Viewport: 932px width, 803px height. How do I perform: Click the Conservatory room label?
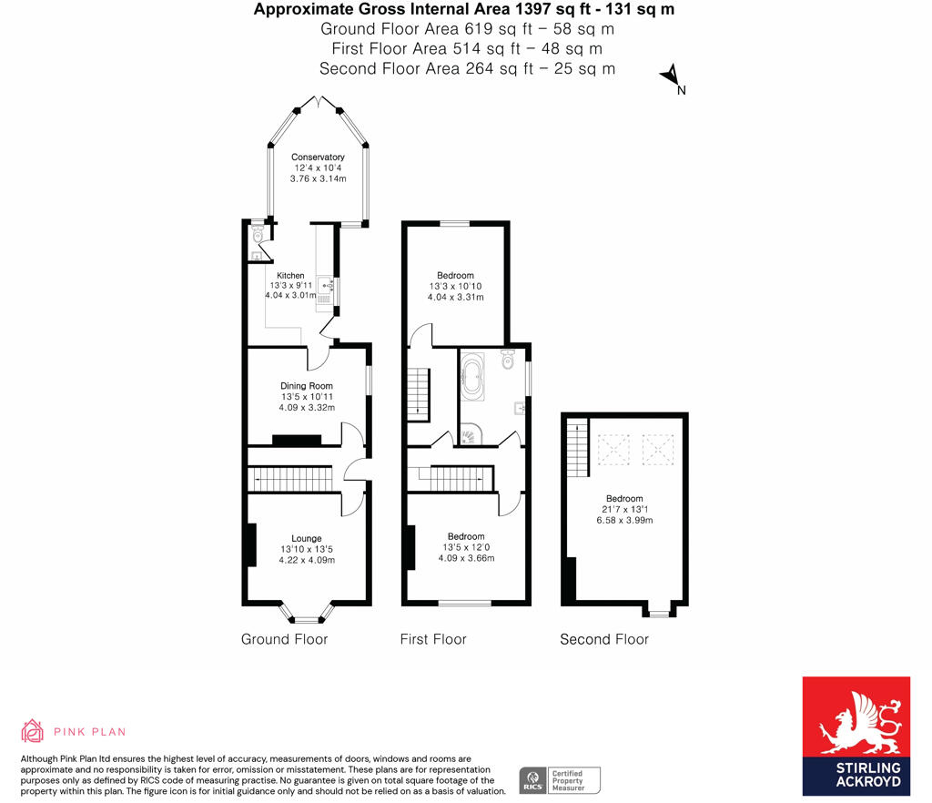click(x=318, y=158)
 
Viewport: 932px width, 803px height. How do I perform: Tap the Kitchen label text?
click(x=290, y=276)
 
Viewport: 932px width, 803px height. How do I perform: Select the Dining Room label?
click(x=306, y=386)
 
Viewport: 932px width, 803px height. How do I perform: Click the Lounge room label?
click(x=306, y=538)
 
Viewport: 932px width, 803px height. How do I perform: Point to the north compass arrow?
click(x=672, y=76)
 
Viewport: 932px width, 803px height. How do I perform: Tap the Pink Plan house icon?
click(x=33, y=731)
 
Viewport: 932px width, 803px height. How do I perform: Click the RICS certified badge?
click(x=559, y=780)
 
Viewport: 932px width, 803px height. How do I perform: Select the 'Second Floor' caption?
click(x=604, y=639)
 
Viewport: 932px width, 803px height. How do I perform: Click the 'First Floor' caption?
click(x=433, y=639)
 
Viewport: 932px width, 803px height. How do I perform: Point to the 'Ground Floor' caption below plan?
click(x=284, y=639)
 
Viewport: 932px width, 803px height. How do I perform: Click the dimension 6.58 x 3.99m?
click(x=624, y=520)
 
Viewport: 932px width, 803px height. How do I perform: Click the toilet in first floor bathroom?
click(x=507, y=362)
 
